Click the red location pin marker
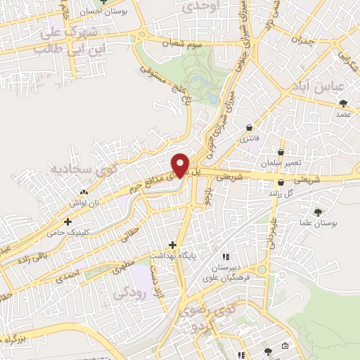[x=181, y=164]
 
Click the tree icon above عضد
[x=344, y=103]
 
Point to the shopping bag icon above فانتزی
[x=250, y=127]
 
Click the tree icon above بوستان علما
[x=319, y=212]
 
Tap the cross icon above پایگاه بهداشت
[x=173, y=245]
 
